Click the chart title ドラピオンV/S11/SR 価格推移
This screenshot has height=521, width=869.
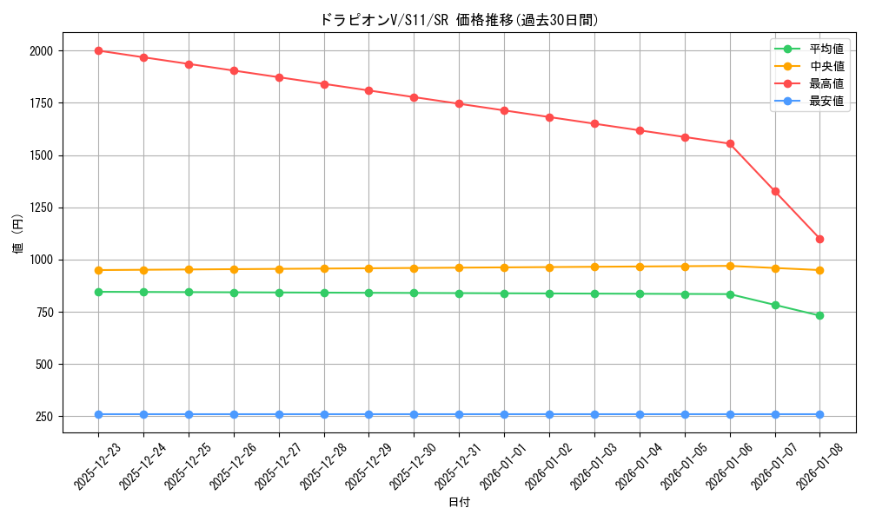(459, 20)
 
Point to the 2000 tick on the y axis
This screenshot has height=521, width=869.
(41, 51)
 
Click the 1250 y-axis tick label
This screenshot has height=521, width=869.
(41, 208)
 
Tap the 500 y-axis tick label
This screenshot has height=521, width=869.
(44, 365)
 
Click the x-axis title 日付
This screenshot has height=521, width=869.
(459, 503)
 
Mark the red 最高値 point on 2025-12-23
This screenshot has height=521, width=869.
(98, 51)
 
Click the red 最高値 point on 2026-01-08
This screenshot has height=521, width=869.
(819, 239)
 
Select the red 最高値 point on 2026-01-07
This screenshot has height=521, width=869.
(774, 191)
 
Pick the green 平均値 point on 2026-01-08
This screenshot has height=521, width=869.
(819, 315)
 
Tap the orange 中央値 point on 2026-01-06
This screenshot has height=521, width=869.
(730, 266)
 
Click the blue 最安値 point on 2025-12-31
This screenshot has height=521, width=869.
(459, 414)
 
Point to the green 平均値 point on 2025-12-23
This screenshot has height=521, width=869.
(98, 292)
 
